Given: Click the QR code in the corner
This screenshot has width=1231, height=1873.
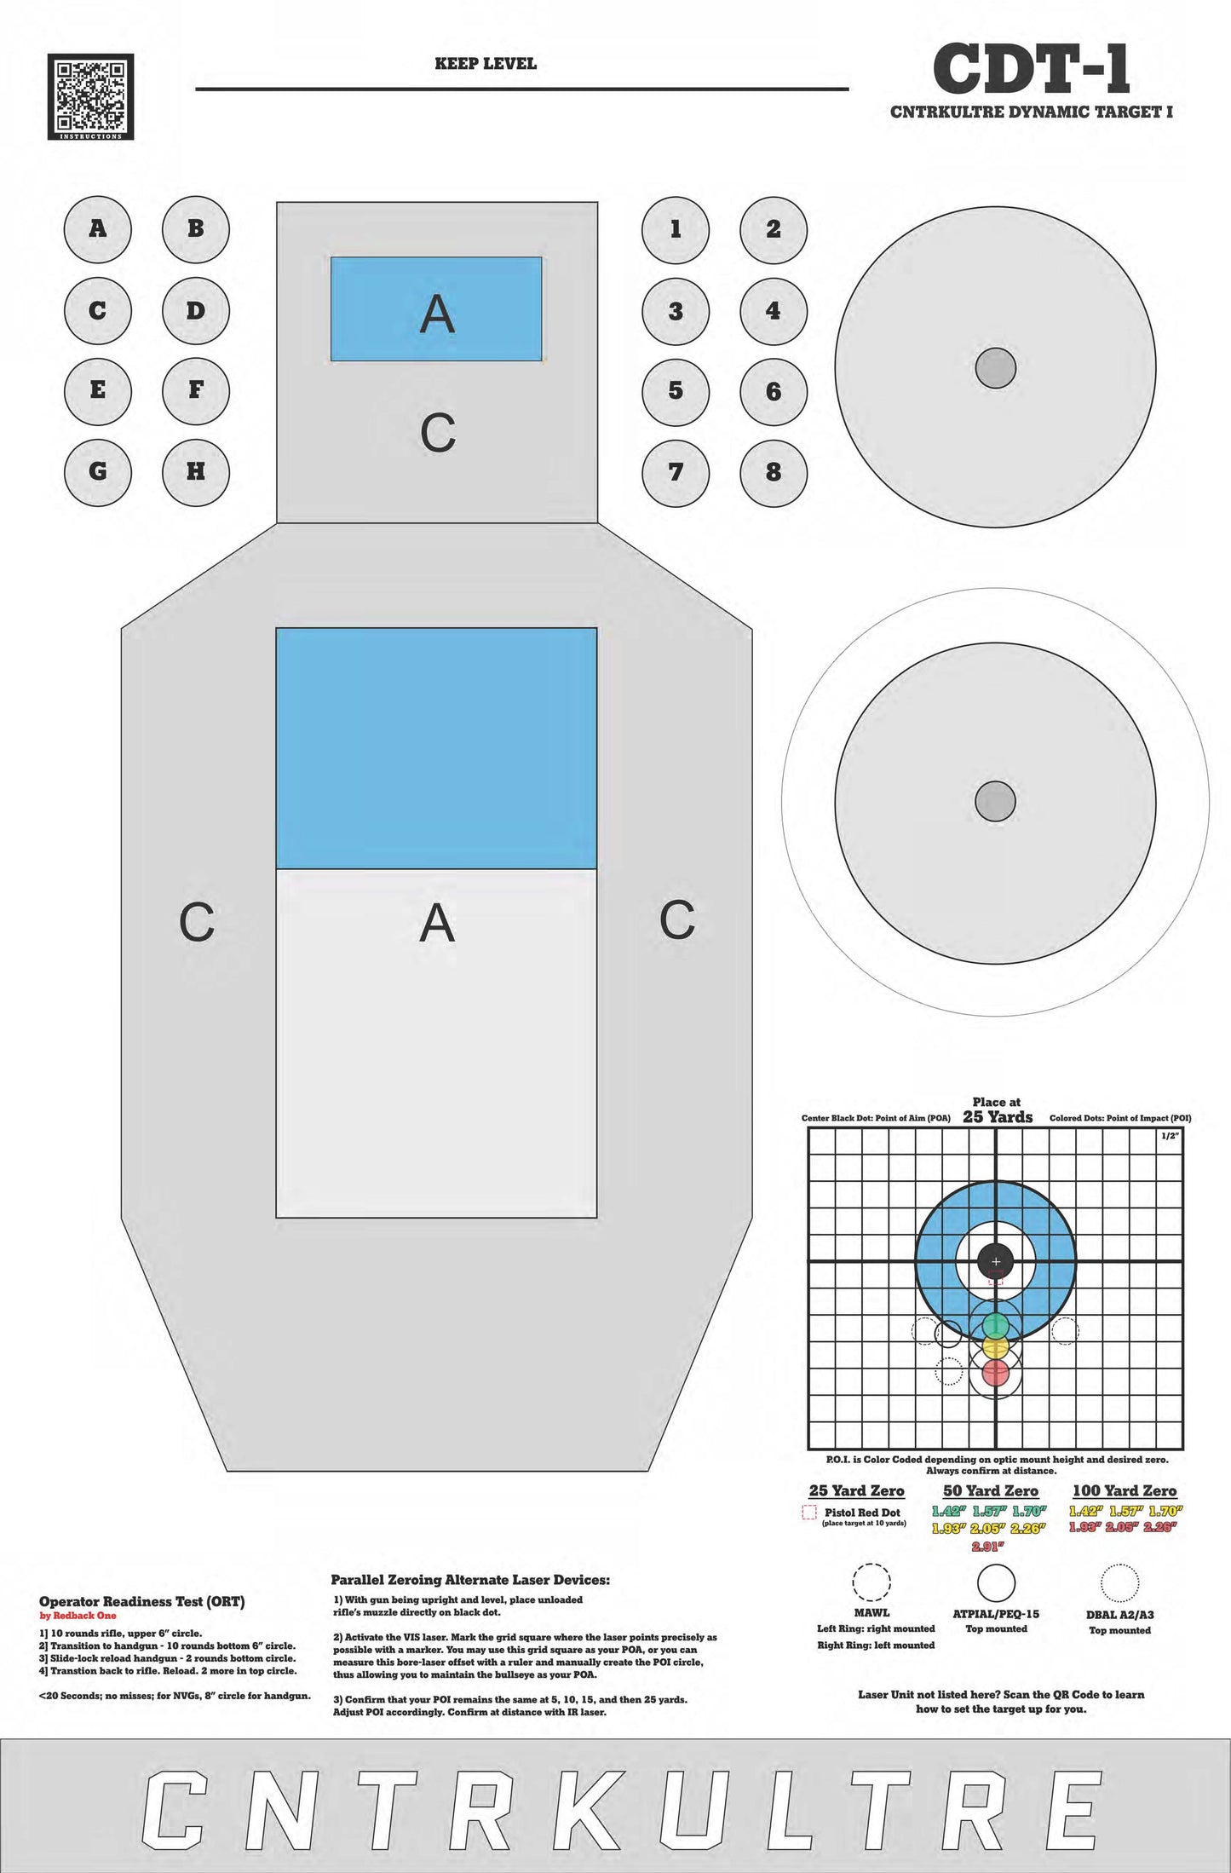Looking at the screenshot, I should [x=90, y=96].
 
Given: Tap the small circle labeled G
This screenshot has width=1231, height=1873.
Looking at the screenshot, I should [x=98, y=471].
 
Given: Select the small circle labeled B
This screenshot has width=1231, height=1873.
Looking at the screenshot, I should [x=196, y=228].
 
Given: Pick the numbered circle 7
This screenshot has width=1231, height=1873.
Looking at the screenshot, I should [x=676, y=471].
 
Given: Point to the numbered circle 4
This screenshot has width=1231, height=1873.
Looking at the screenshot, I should [x=773, y=311].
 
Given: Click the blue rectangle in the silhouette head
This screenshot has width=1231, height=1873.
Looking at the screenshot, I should [x=436, y=308].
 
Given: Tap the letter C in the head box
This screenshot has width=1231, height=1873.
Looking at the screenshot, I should [x=438, y=433].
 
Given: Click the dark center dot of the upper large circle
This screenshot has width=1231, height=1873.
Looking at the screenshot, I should [x=995, y=368].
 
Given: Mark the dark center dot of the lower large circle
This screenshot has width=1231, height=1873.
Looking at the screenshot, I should [x=995, y=801].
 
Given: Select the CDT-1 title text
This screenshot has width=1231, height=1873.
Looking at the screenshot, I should [x=1031, y=70].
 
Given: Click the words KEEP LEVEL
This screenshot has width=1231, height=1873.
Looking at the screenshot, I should [x=486, y=64].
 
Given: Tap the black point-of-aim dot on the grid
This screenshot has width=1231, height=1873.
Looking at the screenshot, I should [x=995, y=1261].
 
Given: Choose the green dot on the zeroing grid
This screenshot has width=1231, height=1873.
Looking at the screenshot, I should [x=995, y=1326].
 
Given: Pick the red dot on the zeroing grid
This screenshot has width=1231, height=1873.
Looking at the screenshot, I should [x=995, y=1373].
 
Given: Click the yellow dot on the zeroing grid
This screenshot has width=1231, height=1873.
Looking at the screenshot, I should [x=995, y=1348].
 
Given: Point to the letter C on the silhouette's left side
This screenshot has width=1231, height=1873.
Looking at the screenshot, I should [x=197, y=922].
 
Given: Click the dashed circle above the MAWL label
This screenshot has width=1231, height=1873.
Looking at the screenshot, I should [x=871, y=1583].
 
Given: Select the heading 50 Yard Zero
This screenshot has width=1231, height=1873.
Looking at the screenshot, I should [x=990, y=1491].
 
